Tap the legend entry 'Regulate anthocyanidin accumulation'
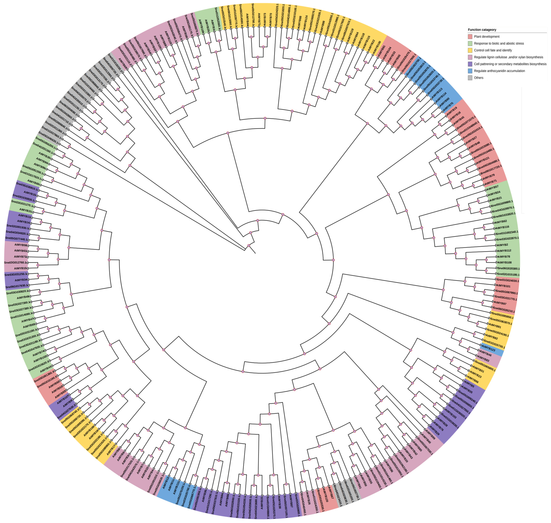click(x=499, y=71)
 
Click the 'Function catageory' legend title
click(x=482, y=30)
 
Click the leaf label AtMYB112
click(x=504, y=251)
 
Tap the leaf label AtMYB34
click(x=21, y=280)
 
